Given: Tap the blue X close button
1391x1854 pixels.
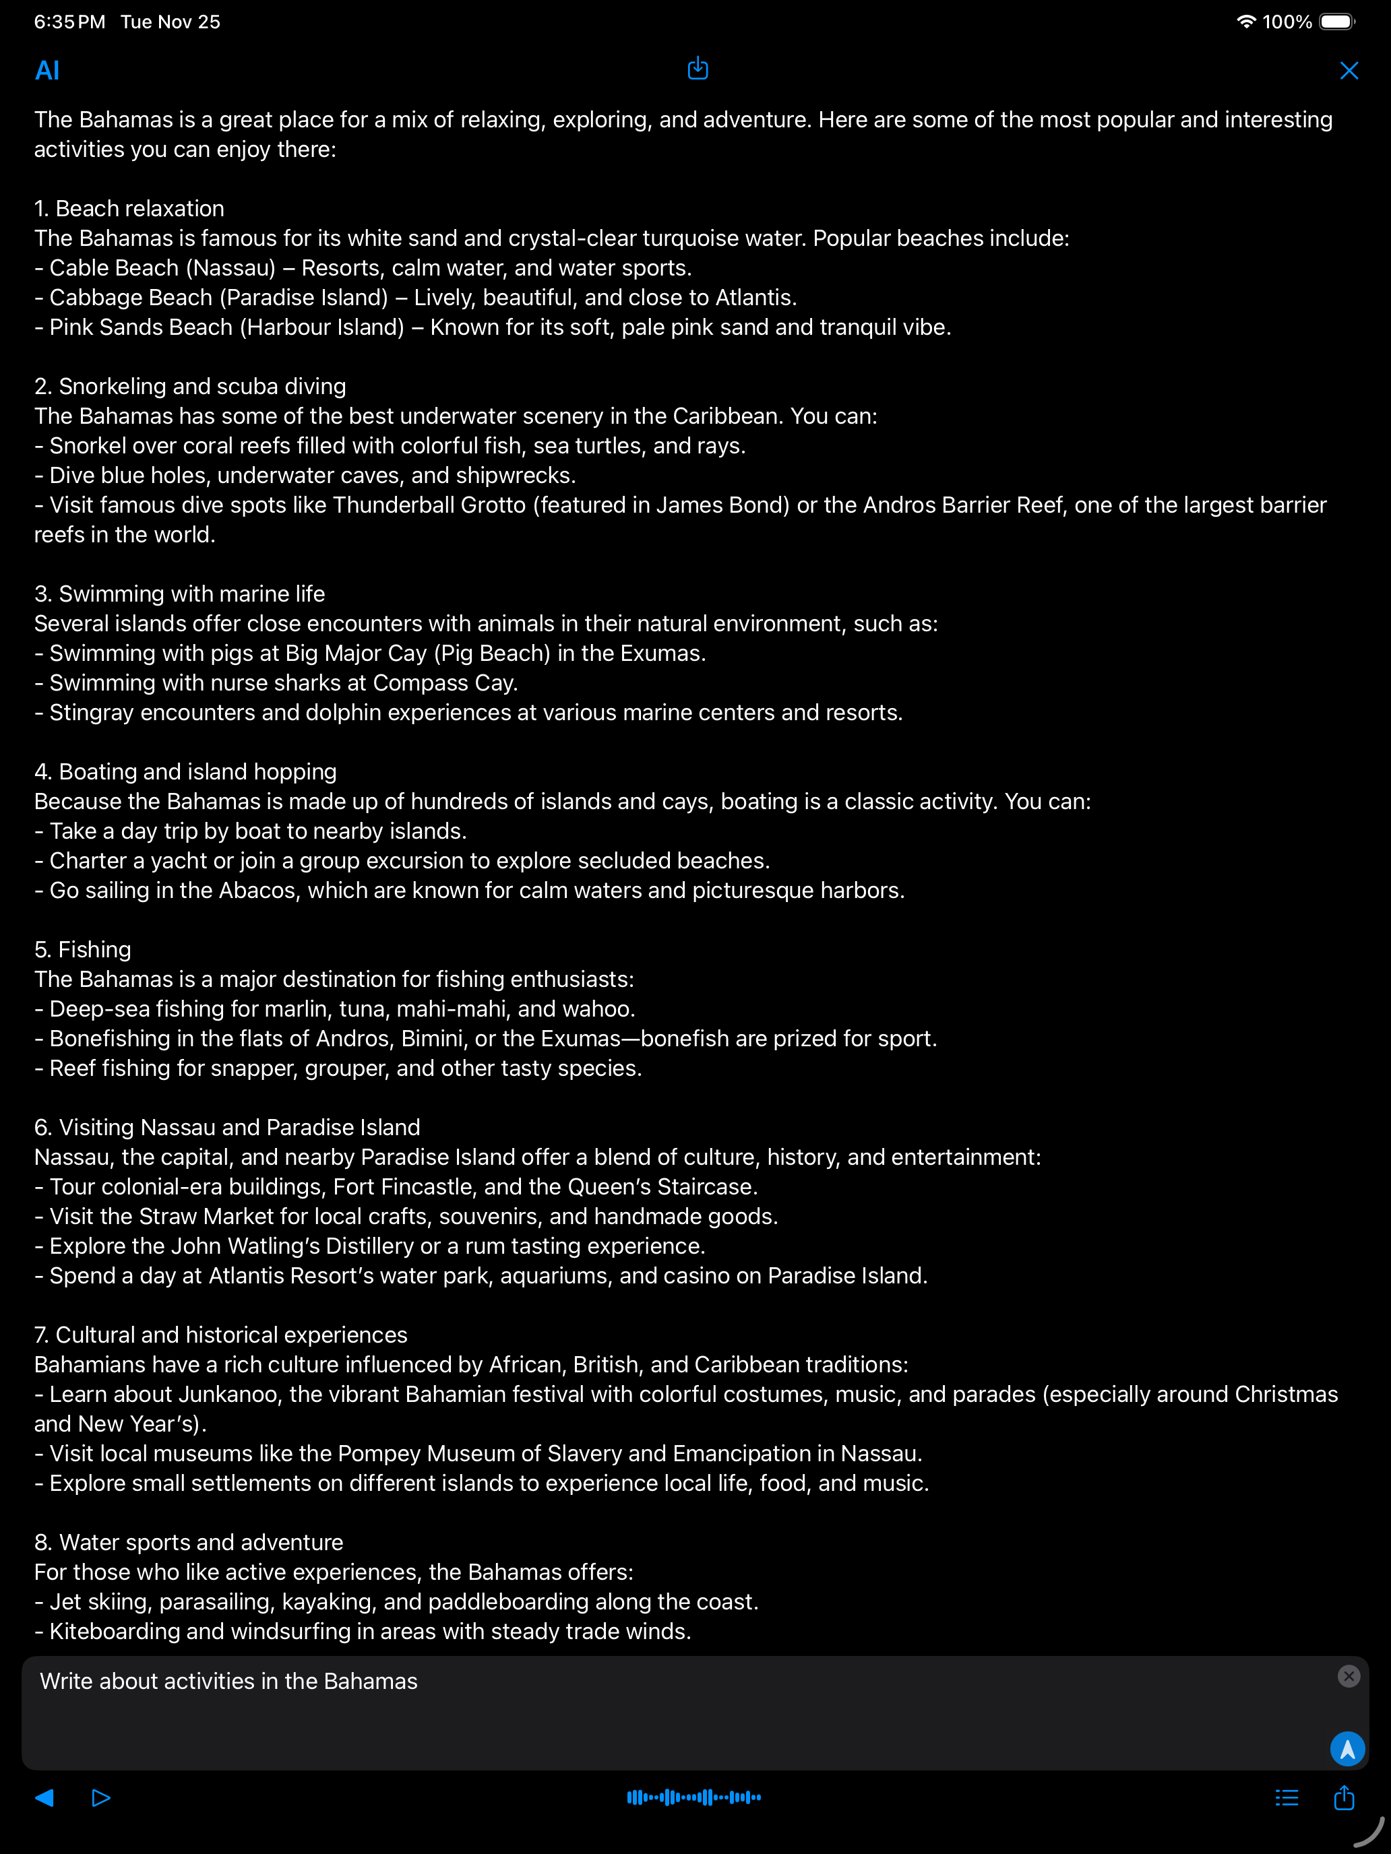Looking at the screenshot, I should click(1349, 71).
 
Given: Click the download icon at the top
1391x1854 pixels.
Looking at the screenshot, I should click(698, 69).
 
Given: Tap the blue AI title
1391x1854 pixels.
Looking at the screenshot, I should click(47, 71).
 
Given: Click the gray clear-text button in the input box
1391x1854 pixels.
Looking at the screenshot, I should click(1349, 1675).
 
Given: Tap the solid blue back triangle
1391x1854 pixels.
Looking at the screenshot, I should click(44, 1797).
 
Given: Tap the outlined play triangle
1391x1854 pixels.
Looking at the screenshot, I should click(100, 1797).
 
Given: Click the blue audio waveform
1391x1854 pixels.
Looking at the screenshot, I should click(694, 1797).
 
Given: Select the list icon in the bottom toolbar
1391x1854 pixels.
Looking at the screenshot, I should click(1286, 1797).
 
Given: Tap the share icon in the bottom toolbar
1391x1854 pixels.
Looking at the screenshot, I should click(1344, 1797).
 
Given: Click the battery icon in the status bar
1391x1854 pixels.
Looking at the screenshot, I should click(1336, 22).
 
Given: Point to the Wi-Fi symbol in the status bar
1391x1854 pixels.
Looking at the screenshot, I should click(1246, 22).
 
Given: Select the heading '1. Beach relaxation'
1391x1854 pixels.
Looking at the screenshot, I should click(129, 208).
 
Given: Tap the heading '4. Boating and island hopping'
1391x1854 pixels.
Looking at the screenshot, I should click(185, 771).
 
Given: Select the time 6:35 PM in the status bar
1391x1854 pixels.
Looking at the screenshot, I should click(69, 22).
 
